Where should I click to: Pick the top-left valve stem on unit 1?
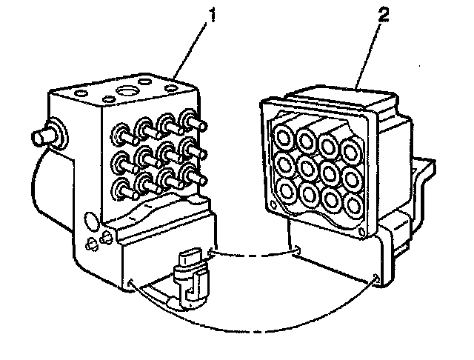(x=118, y=134)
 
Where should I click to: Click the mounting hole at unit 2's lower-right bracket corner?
(x=378, y=278)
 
